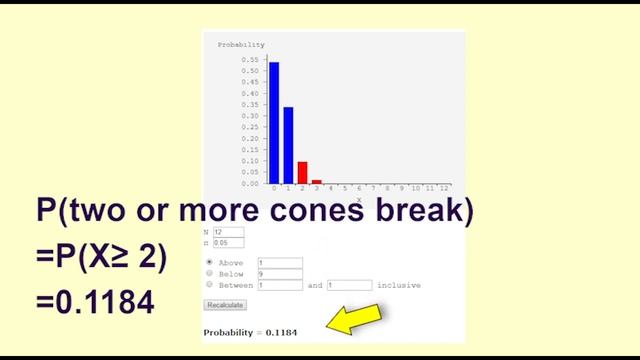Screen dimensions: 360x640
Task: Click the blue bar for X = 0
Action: pyautogui.click(x=274, y=123)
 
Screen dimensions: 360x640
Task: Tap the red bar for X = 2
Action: pyautogui.click(x=302, y=172)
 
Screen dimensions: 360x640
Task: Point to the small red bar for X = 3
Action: pyautogui.click(x=317, y=182)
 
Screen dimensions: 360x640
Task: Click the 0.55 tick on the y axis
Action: pyautogui.click(x=250, y=60)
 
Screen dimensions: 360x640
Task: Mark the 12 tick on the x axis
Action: pyautogui.click(x=444, y=188)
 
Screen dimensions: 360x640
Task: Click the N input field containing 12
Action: pyautogui.click(x=222, y=232)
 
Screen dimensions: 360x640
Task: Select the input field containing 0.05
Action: pyautogui.click(x=222, y=243)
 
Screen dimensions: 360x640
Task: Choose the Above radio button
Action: pyautogui.click(x=209, y=262)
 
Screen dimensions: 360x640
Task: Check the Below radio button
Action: pyautogui.click(x=209, y=273)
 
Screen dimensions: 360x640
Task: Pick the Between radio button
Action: pyautogui.click(x=209, y=284)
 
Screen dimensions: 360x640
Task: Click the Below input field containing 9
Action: pyautogui.click(x=279, y=273)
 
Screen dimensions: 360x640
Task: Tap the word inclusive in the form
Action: pyautogui.click(x=398, y=285)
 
